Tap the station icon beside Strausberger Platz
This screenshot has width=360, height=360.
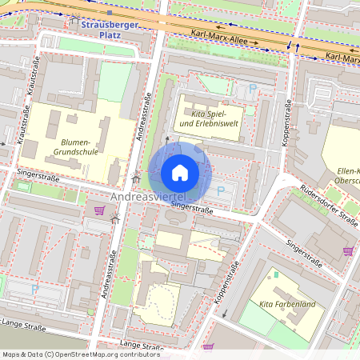pos(75,20)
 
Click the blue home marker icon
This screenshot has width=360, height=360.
pos(180,173)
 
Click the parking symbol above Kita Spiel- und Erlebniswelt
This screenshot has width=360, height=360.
pos(253,88)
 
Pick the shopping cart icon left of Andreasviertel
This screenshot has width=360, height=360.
pos(99,210)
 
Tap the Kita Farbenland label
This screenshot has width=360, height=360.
pos(286,304)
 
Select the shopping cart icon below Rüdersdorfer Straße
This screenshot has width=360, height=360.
pos(347,250)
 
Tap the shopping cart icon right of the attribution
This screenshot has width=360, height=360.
pos(208,347)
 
